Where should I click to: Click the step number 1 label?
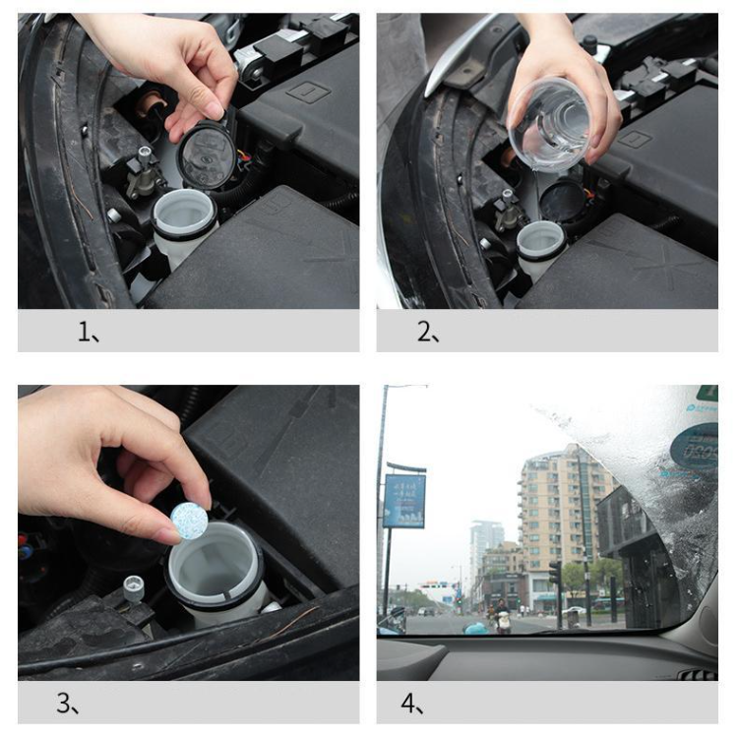[x=89, y=333]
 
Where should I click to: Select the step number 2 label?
[x=427, y=333]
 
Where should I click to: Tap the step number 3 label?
[x=67, y=704]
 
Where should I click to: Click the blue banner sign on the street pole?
[x=404, y=501]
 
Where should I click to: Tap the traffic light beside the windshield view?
[x=554, y=575]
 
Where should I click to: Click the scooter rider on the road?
[x=503, y=617]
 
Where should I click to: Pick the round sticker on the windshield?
[x=694, y=448]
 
